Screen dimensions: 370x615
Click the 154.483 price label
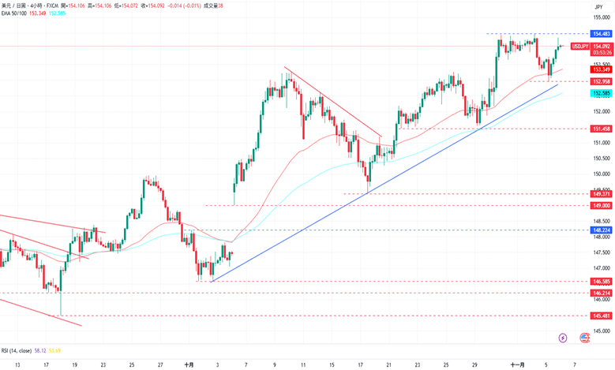pyautogui.click(x=601, y=34)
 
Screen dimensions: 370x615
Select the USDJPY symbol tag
pyautogui.click(x=579, y=47)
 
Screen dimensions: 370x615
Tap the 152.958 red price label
pyautogui.click(x=601, y=81)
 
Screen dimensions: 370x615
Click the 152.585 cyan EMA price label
pyautogui.click(x=601, y=93)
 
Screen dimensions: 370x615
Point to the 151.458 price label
pyautogui.click(x=601, y=129)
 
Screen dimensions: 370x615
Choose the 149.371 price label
pyautogui.click(x=601, y=193)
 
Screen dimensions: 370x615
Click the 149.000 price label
pyautogui.click(x=601, y=205)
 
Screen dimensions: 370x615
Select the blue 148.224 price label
pyautogui.click(x=601, y=230)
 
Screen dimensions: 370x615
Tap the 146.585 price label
pyautogui.click(x=601, y=281)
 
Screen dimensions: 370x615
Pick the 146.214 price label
pyautogui.click(x=601, y=293)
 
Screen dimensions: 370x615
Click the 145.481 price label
pyautogui.click(x=601, y=316)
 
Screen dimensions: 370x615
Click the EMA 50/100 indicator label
pyautogui.click(x=15, y=13)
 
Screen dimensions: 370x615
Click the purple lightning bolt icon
pyautogui.click(x=562, y=337)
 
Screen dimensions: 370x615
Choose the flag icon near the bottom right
pyautogui.click(x=585, y=337)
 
